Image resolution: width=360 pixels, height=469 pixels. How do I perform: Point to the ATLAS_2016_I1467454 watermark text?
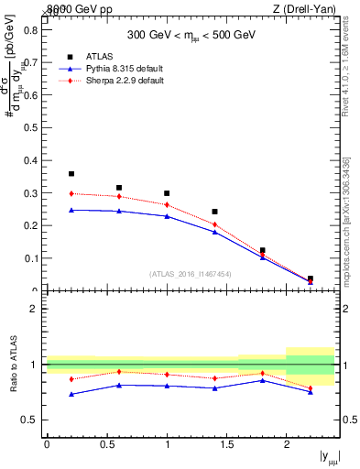coord(190,273)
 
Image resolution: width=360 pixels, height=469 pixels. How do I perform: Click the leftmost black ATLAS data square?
coord(71,173)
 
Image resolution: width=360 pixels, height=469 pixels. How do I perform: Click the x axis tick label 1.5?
coord(226,444)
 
